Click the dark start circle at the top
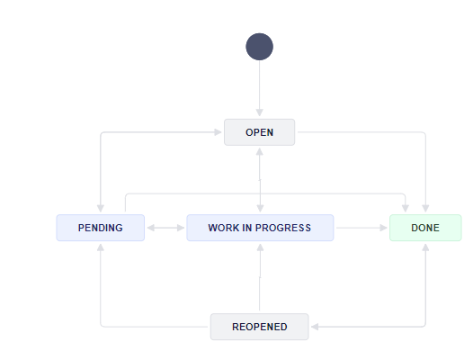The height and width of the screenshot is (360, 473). coord(260,47)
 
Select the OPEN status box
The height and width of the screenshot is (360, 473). coord(260,132)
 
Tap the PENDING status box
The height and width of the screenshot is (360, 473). coord(101,228)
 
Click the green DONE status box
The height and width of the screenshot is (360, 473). coord(425,228)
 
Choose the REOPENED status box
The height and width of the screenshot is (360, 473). coord(260,327)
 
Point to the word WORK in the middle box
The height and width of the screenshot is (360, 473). coord(223,228)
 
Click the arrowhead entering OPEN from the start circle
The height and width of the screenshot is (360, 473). coord(260,115)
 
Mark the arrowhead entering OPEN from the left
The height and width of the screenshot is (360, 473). coord(219,132)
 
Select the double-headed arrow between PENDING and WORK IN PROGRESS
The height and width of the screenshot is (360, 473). coord(165,228)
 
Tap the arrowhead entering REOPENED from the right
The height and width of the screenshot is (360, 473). coord(314,327)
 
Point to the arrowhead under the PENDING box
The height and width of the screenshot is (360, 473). coord(101,246)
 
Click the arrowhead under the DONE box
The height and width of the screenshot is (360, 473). coord(425,246)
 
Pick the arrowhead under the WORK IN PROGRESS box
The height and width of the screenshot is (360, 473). coord(260,246)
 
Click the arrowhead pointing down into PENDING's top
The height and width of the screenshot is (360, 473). coord(101,210)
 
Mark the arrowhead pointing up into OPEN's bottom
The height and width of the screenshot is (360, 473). coord(260,149)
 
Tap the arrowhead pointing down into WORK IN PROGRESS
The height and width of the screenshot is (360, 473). coord(260,210)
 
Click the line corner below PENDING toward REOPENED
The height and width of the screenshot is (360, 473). coord(102,326)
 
